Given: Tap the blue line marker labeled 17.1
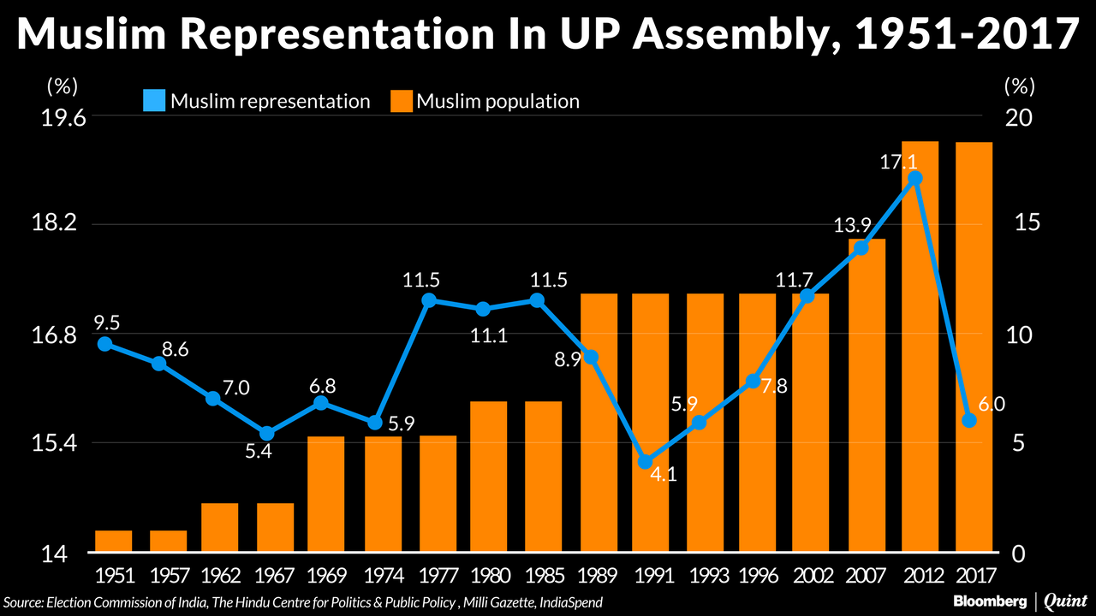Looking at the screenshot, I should (915, 178).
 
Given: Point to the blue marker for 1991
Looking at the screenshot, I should (646, 462).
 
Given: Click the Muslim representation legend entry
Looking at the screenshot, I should (257, 101).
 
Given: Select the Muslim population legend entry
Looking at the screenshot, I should (485, 101).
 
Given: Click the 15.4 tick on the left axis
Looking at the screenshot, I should (64, 443).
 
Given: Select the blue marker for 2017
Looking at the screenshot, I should (969, 420).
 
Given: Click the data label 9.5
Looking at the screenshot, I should (106, 323).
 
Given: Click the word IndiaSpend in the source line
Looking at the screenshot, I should (571, 602).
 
